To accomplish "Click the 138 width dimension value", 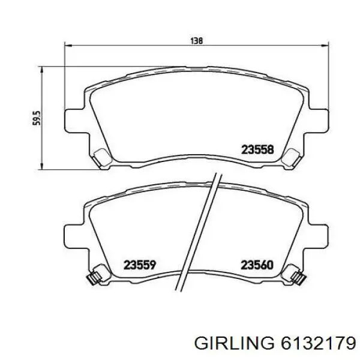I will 196,41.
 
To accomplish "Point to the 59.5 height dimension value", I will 35,118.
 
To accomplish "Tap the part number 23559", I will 140,263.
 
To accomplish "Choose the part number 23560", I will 257,263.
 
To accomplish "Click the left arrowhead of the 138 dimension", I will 67,46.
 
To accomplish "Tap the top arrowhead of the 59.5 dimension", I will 42,71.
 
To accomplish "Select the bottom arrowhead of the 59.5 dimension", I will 42,166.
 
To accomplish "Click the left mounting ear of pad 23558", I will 73,118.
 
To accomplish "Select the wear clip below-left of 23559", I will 94,277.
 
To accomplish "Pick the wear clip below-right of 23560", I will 297,277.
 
